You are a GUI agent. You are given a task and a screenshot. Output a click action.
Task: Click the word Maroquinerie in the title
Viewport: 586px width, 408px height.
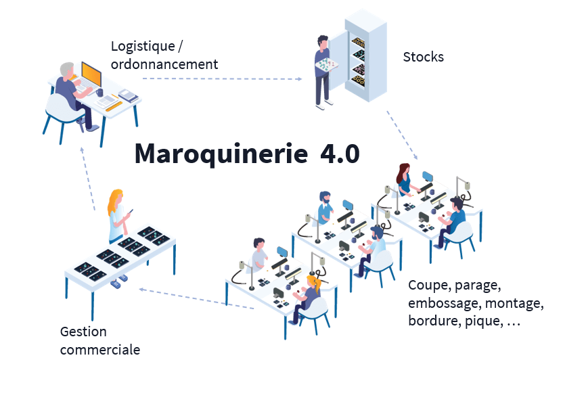pos(221,154)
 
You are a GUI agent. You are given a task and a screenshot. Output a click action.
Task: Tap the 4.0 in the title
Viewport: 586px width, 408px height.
pos(339,153)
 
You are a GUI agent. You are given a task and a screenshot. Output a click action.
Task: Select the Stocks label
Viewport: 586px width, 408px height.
pos(423,57)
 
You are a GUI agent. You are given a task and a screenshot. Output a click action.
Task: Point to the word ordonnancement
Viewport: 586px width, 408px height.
pos(164,64)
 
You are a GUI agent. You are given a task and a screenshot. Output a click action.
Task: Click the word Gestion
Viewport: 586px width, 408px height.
pos(83,332)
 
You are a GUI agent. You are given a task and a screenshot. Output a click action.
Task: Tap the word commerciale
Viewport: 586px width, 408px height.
pos(100,350)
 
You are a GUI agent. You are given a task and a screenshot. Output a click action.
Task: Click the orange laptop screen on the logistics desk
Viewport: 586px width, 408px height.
pos(91,72)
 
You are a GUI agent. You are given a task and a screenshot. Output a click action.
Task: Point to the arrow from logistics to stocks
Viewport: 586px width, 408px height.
pos(222,78)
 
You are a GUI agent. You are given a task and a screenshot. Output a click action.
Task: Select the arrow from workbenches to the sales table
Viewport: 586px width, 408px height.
pos(196,299)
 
